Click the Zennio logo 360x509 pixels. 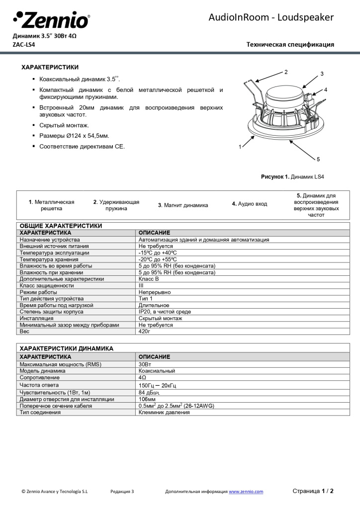point(51,20)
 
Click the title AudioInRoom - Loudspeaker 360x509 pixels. point(271,18)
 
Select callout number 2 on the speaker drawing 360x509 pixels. point(286,72)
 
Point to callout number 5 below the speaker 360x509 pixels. point(318,159)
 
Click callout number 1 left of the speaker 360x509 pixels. point(240,147)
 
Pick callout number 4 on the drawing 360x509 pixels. point(326,90)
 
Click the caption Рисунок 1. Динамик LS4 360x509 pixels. point(292,176)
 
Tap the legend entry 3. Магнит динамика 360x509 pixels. point(183,205)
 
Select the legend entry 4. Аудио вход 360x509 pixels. point(249,204)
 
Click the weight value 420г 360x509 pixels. point(144,331)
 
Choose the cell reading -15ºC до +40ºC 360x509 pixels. point(158,253)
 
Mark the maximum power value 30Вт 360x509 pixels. point(145,364)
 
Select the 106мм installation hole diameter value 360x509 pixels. point(147,399)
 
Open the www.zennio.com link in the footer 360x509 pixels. point(246,492)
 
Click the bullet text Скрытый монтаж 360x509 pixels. point(64,125)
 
